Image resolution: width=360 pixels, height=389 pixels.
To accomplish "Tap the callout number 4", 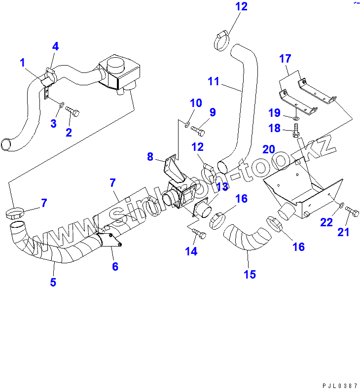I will coord(55,46).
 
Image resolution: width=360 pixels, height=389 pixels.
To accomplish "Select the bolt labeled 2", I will coord(72,111).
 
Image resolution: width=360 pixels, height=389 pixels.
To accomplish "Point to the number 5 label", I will coord(53,283).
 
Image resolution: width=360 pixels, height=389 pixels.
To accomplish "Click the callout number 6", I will coord(115,266).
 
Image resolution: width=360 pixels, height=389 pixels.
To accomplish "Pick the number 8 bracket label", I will coord(150,157).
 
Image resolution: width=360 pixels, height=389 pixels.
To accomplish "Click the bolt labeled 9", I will coord(197,131).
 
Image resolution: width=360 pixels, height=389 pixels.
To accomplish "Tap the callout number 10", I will coord(196,103).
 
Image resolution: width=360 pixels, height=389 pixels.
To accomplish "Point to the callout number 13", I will coord(222,186).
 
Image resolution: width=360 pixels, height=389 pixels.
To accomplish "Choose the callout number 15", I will coord(250,274).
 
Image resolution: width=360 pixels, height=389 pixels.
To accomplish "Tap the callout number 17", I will coord(285,59).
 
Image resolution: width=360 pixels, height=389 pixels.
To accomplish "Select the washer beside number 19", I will coord(295,119).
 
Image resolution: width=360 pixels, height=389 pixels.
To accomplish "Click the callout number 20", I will coord(269,149).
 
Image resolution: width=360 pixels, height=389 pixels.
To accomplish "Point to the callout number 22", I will coord(326,222).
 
